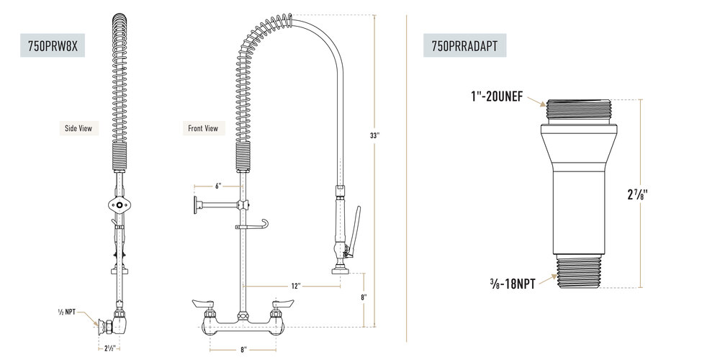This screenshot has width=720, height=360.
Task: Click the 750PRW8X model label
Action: [x=53, y=45]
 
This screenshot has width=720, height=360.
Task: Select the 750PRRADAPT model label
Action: [x=464, y=45]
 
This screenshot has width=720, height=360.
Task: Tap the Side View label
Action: [x=78, y=129]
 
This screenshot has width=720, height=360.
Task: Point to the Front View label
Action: [x=203, y=129]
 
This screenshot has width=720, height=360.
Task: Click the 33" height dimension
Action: [x=374, y=135]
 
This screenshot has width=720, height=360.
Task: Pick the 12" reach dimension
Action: [x=295, y=286]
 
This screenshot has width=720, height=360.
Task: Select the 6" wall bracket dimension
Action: [x=218, y=186]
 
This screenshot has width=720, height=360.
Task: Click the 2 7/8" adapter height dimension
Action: [x=638, y=194]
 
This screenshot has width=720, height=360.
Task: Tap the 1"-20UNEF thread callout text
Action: [x=496, y=97]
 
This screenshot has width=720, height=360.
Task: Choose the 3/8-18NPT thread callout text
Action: [x=513, y=284]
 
